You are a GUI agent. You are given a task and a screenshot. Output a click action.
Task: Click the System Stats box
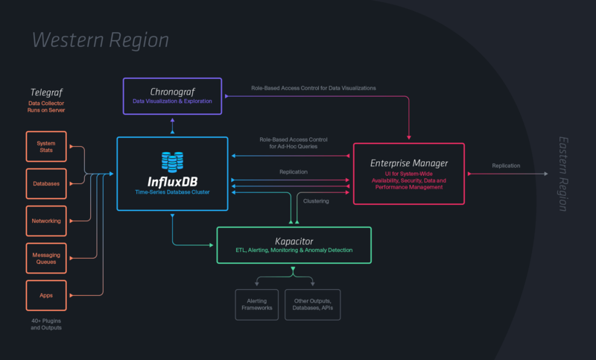[x=46, y=146]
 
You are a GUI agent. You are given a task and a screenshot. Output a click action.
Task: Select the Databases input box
[x=46, y=183]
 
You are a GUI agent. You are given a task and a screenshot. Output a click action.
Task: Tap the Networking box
[x=46, y=221]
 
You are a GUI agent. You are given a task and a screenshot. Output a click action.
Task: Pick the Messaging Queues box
[x=46, y=258]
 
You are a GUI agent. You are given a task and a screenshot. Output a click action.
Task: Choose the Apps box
[x=46, y=296]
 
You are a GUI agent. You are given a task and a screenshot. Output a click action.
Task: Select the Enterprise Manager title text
[x=409, y=162]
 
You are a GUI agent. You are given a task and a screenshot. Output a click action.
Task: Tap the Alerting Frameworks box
[x=257, y=305]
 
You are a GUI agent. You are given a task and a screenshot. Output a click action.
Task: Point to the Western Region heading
[x=100, y=40]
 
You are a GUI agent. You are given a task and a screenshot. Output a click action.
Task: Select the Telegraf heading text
[x=46, y=92]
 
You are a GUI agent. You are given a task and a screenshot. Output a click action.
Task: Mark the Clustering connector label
[x=316, y=200]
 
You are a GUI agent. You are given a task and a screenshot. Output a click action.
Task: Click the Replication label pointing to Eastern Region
[x=507, y=165]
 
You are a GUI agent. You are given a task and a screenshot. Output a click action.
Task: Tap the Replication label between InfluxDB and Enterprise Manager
[x=294, y=171]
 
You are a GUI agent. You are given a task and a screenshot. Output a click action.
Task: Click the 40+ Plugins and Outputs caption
[x=46, y=324]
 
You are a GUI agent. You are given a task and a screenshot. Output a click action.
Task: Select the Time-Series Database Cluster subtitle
[x=172, y=192]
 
